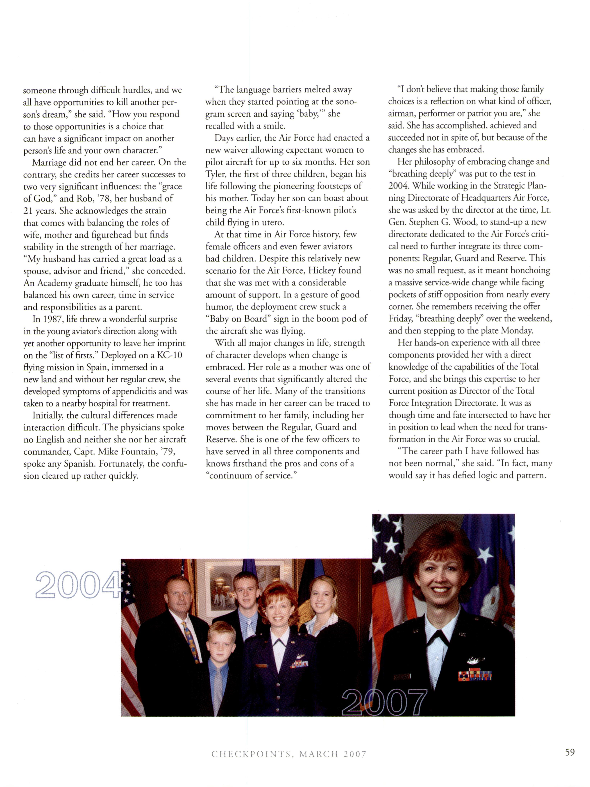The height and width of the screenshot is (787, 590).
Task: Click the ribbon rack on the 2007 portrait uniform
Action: (x=475, y=675)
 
